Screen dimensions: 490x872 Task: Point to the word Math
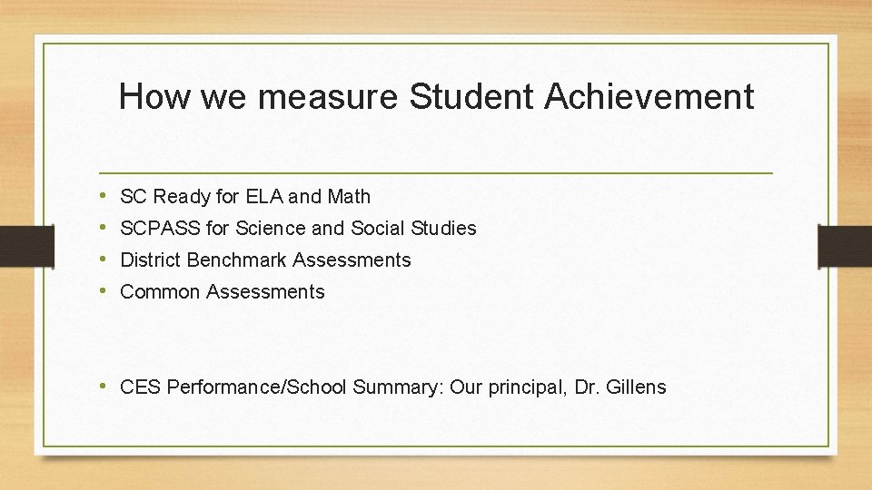(x=349, y=196)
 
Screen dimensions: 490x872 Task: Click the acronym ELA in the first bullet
(x=264, y=196)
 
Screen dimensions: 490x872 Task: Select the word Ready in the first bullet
(x=183, y=196)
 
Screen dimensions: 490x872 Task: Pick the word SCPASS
(x=160, y=228)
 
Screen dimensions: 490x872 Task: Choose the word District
(x=151, y=260)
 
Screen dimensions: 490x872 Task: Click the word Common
(x=160, y=291)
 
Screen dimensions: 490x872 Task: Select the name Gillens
(x=632, y=387)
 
